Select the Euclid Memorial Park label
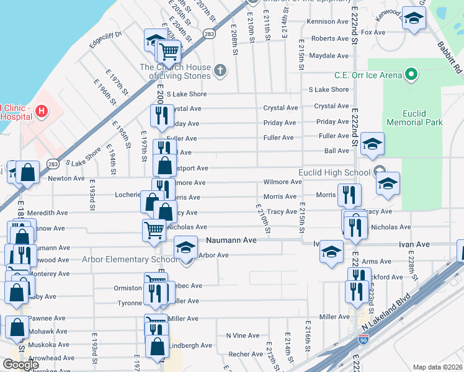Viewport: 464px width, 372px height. point(414,118)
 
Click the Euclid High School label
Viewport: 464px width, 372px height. point(334,172)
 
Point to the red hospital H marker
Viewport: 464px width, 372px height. point(41,112)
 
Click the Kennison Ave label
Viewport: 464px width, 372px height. point(328,22)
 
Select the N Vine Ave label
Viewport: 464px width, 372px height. point(243,335)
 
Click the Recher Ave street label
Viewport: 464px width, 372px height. point(246,355)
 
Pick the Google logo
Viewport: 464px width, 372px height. point(20,365)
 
